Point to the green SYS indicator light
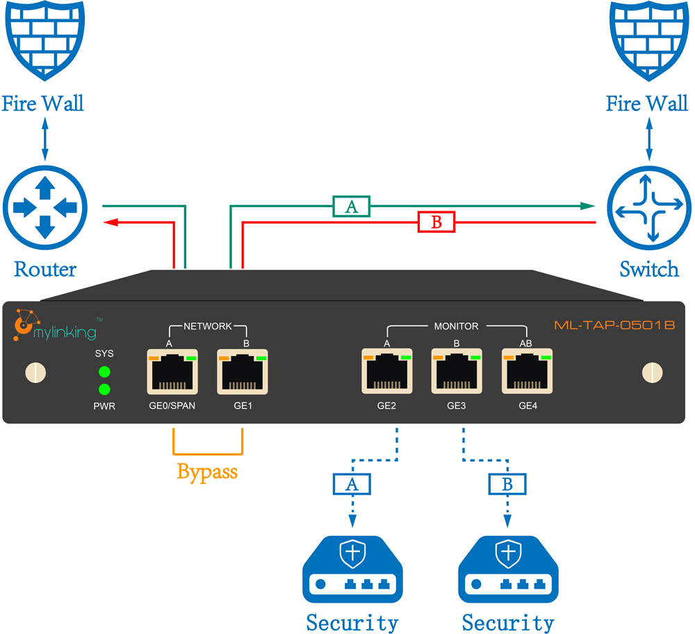[x=104, y=371]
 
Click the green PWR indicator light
[x=104, y=389]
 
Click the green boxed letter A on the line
[x=351, y=206]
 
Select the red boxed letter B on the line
[x=436, y=222]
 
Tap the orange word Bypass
[x=207, y=472]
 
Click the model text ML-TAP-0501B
[x=614, y=325]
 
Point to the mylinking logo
[x=56, y=328]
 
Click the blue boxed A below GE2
[x=352, y=485]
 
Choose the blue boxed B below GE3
[x=507, y=484]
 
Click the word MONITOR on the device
[x=456, y=325]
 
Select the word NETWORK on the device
[x=207, y=325]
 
